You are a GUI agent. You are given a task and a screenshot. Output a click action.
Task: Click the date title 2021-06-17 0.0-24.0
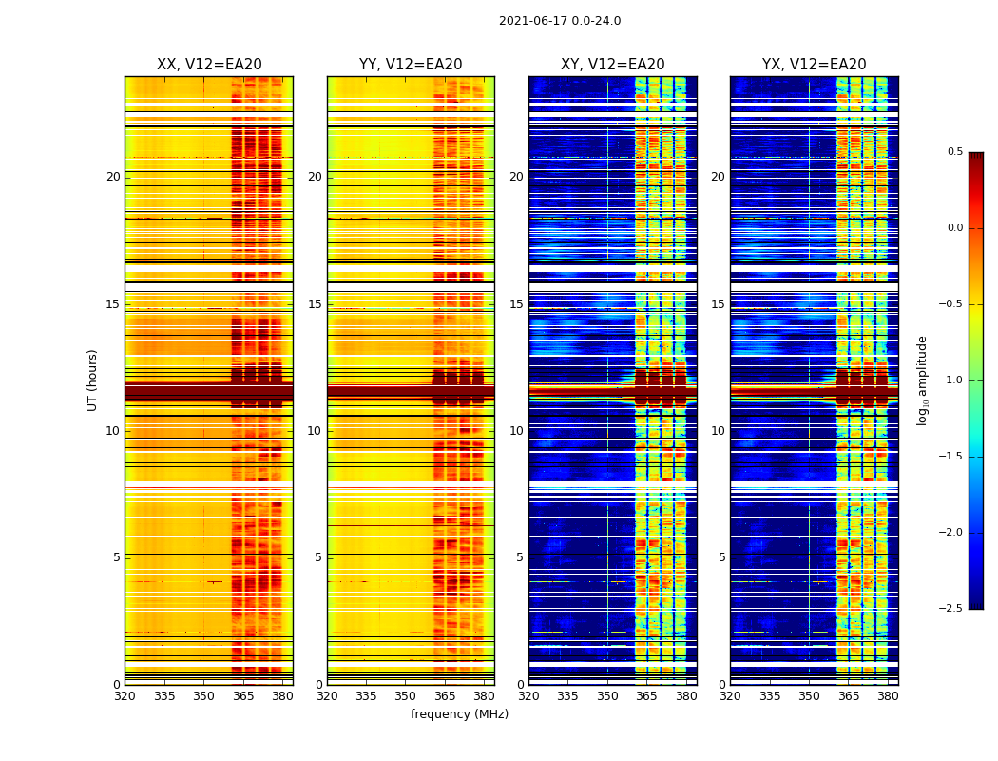coord(560,21)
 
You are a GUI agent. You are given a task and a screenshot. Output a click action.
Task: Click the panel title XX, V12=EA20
coord(209,65)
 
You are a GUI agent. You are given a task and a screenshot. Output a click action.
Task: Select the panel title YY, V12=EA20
coord(411,65)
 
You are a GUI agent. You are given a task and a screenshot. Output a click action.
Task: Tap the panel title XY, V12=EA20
coord(613,65)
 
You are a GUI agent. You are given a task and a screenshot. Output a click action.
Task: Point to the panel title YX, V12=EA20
coord(815,65)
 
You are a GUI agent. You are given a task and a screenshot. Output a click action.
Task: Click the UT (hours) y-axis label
coord(93,380)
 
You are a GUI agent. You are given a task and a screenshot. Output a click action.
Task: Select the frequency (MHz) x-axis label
coord(459,714)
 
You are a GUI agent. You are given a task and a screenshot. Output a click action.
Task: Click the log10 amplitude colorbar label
coord(922,380)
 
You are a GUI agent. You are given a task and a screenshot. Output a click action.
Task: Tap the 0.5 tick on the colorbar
coord(954,152)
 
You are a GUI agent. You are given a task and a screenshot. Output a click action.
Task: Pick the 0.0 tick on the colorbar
coord(954,228)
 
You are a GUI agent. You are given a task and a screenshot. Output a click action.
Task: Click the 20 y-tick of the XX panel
coord(113,177)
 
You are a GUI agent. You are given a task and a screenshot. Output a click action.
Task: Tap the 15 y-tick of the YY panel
coord(315,304)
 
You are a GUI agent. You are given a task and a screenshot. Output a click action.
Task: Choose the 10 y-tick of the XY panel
coord(516,431)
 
